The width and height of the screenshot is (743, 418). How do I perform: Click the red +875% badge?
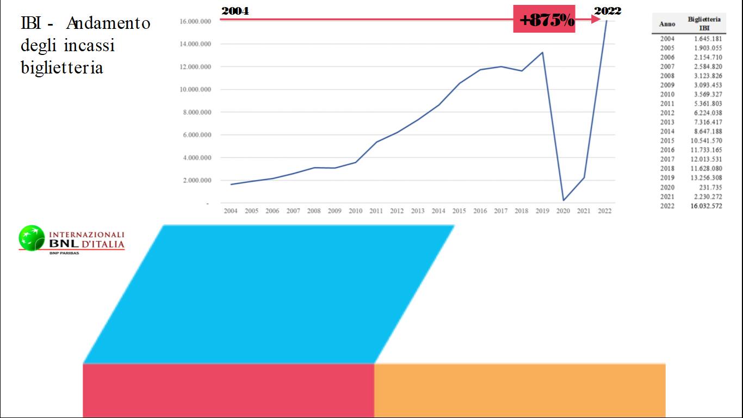[544, 20]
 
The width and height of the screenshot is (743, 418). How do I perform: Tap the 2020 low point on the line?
[563, 200]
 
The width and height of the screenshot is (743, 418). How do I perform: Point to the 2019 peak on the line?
[542, 52]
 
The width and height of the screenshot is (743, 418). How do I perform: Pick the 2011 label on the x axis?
[376, 211]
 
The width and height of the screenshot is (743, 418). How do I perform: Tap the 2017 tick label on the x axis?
[500, 211]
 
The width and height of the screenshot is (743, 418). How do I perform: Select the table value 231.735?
[710, 187]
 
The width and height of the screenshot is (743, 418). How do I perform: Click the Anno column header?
[667, 24]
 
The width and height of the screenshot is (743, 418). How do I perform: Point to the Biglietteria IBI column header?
[704, 23]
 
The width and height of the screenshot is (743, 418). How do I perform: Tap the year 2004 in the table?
[667, 39]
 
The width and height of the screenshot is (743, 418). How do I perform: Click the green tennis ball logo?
[32, 238]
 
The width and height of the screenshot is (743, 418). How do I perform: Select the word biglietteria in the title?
[62, 68]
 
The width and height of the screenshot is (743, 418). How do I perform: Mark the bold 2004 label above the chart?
[235, 11]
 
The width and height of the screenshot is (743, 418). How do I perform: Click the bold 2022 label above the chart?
[608, 11]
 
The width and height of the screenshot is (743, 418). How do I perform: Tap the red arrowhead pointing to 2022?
[596, 20]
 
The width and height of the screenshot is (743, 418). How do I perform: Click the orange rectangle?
[519, 390]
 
